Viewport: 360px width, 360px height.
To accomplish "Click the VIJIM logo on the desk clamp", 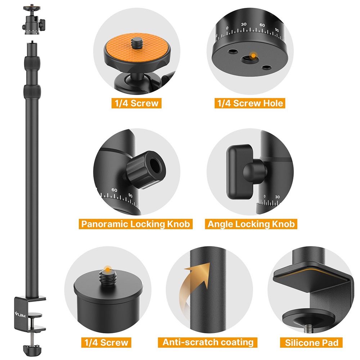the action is pyautogui.click(x=20, y=314).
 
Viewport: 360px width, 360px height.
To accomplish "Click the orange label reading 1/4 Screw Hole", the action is pyautogui.click(x=250, y=103).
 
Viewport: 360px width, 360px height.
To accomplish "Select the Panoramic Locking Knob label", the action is pyautogui.click(x=135, y=224).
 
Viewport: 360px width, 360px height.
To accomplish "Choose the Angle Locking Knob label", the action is pyautogui.click(x=251, y=224).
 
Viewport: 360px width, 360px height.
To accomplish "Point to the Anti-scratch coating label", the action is pyautogui.click(x=208, y=342).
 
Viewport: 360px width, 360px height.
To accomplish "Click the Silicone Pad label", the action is pyautogui.click(x=311, y=343).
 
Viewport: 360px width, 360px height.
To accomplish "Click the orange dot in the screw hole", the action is pyautogui.click(x=253, y=55).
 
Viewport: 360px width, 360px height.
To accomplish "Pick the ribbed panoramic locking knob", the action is pyautogui.click(x=145, y=170).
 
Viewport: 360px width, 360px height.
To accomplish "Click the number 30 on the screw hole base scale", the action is pyautogui.click(x=244, y=24).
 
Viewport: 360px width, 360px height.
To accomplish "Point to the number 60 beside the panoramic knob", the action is pyautogui.click(x=114, y=190).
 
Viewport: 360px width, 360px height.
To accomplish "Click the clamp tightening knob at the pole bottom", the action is pyautogui.click(x=32, y=349).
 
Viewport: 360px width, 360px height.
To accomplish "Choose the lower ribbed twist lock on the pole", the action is pyautogui.click(x=32, y=92).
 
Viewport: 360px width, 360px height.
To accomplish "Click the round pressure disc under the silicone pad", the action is pyautogui.click(x=308, y=318).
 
